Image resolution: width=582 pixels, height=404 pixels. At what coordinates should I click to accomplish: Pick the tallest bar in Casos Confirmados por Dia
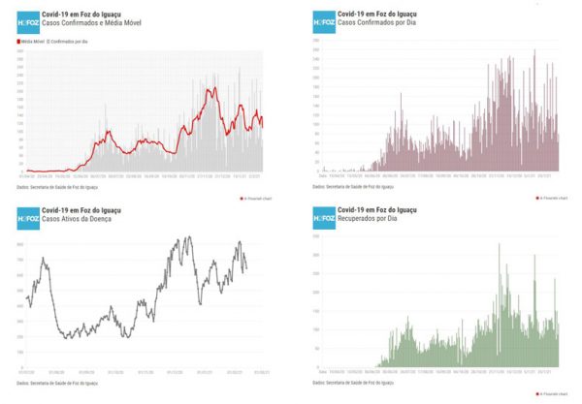point(534,50)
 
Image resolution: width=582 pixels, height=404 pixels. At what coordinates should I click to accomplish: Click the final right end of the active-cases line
point(246,269)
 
